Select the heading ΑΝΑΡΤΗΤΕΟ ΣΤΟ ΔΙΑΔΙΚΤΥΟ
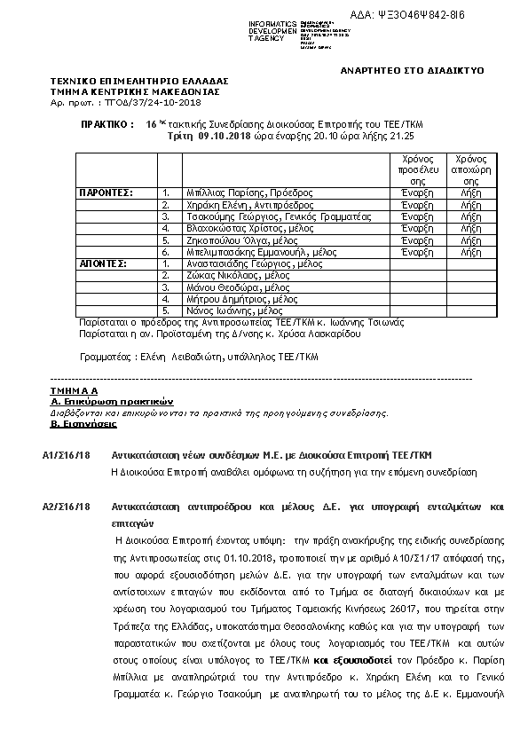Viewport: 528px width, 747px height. (412, 70)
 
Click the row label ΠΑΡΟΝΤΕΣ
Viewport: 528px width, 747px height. (106, 192)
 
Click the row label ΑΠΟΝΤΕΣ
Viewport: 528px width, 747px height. (103, 263)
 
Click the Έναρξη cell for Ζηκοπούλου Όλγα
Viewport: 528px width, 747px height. (417, 240)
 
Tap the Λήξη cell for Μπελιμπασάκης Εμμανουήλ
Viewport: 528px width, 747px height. (470, 252)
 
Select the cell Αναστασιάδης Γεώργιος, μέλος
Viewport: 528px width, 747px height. (254, 263)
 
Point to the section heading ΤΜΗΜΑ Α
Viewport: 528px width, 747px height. (75, 390)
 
